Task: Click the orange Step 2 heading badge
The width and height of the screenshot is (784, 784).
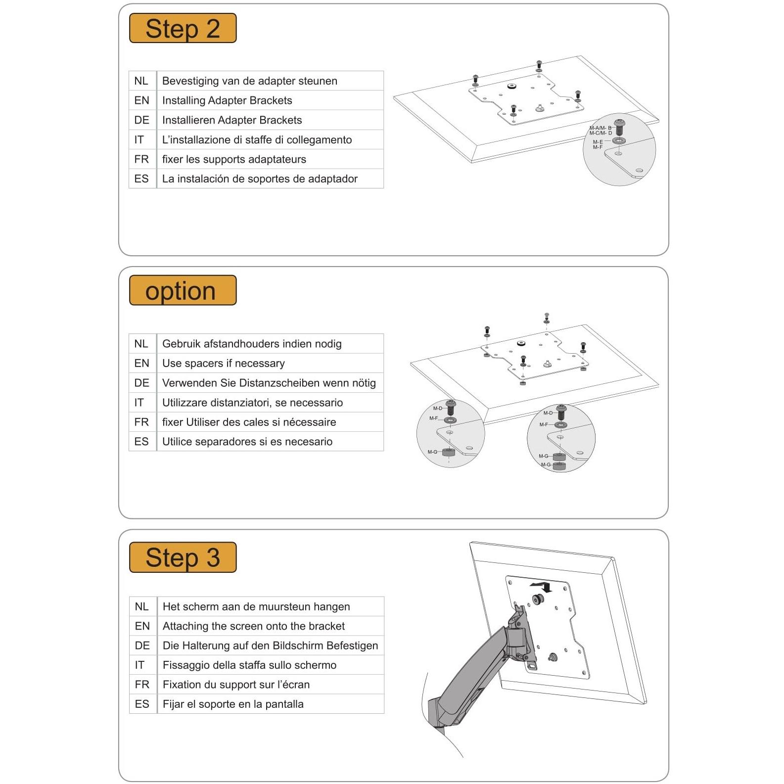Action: [x=183, y=28]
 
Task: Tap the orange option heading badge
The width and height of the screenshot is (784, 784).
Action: [x=183, y=290]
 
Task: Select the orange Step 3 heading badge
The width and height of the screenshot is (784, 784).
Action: [x=183, y=557]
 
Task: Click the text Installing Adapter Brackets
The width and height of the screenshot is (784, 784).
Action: [x=227, y=100]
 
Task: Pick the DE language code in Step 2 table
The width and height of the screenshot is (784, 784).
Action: [x=141, y=120]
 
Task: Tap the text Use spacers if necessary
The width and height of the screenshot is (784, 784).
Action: [x=224, y=363]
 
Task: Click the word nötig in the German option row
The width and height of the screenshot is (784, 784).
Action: [x=364, y=383]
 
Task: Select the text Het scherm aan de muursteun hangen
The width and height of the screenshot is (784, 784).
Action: [x=256, y=606]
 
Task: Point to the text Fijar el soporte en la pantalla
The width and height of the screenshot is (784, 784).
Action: [x=233, y=704]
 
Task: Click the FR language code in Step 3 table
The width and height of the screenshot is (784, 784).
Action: [x=142, y=685]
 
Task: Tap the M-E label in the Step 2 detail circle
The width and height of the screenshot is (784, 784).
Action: [x=598, y=142]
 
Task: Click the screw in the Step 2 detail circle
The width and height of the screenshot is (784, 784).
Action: [x=619, y=127]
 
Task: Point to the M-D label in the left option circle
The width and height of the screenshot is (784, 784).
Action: [x=438, y=408]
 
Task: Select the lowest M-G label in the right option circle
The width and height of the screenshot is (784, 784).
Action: [x=546, y=464]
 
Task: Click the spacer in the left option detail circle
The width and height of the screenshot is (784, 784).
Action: [x=448, y=452]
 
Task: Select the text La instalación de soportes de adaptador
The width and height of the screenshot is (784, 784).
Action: [x=260, y=179]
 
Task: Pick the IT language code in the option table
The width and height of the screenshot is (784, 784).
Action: [x=139, y=403]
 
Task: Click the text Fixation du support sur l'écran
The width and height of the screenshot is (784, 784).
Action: [x=236, y=685]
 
